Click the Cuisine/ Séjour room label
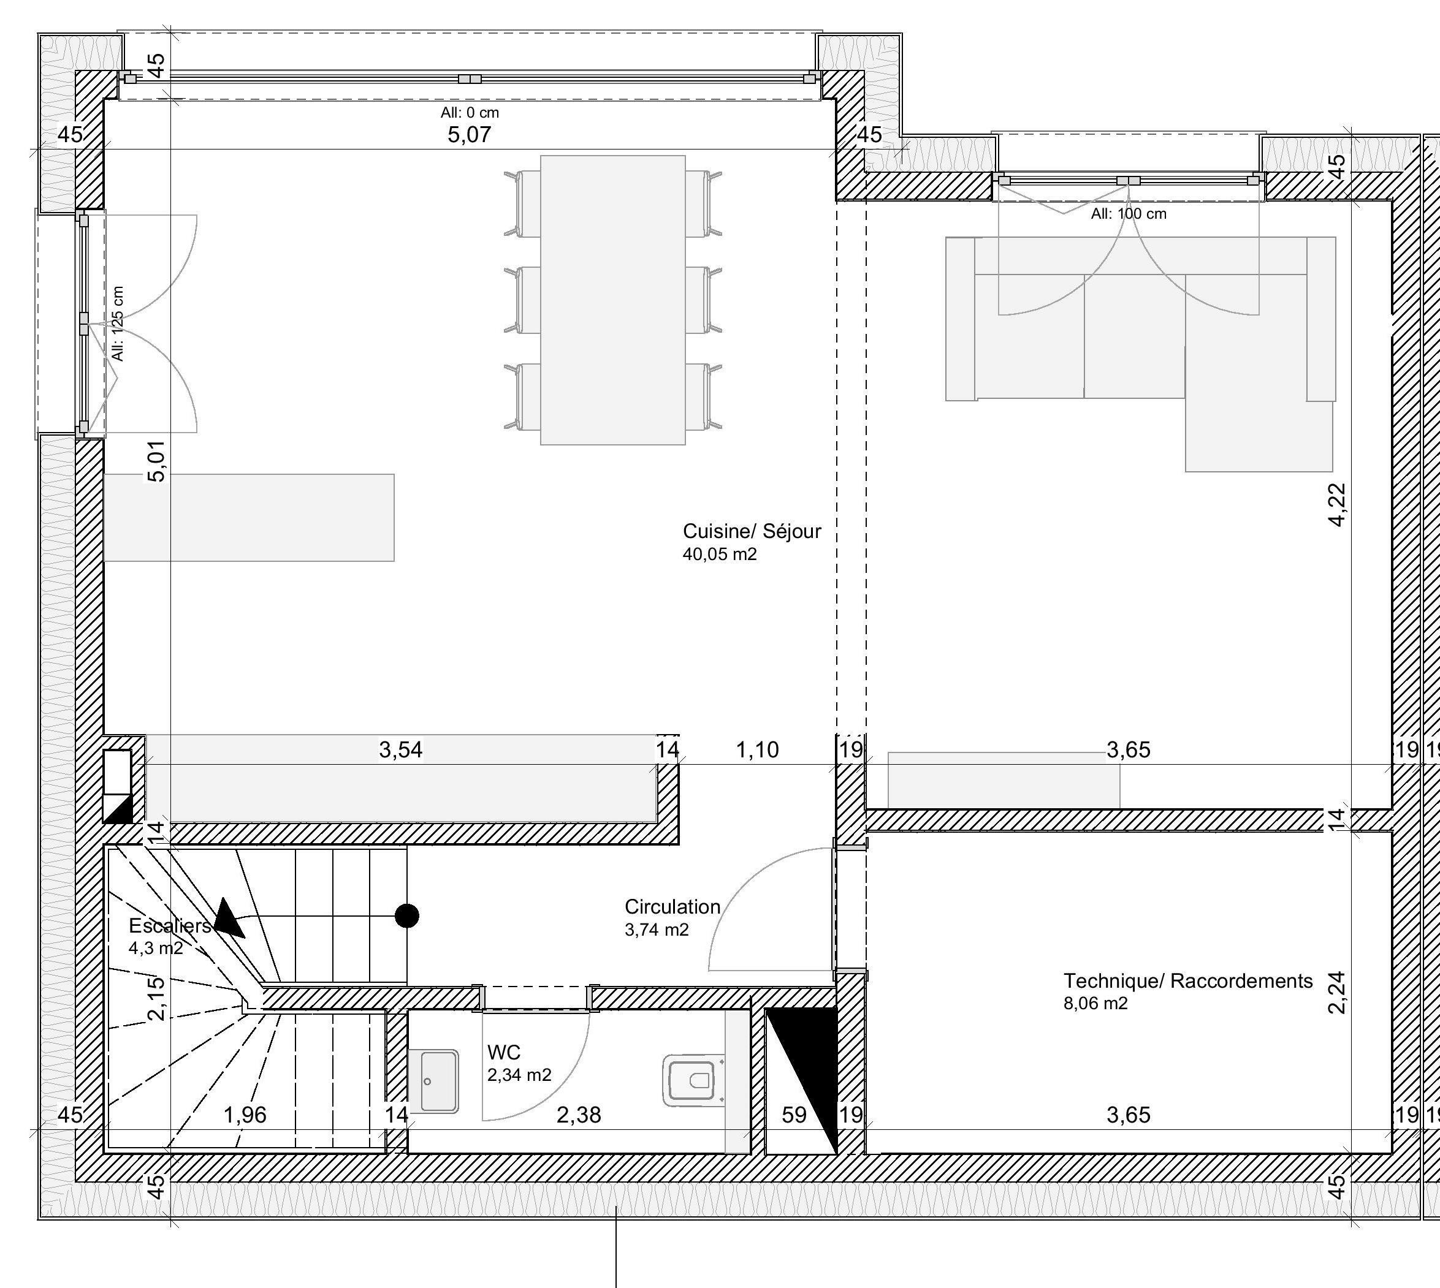tap(752, 531)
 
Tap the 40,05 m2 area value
tap(720, 554)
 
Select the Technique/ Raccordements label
tap(1188, 981)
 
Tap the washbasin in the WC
tap(433, 1081)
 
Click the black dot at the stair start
tap(406, 915)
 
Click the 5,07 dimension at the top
tap(469, 134)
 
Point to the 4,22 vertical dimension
tap(1336, 504)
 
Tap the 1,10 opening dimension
tap(758, 749)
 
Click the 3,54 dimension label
tap(401, 749)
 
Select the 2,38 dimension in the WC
tap(579, 1115)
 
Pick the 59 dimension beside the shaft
tap(794, 1115)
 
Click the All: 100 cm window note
tap(1129, 214)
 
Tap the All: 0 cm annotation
tap(470, 113)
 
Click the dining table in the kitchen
tap(613, 300)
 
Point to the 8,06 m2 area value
tap(1095, 1004)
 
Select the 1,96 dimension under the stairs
tap(245, 1115)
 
